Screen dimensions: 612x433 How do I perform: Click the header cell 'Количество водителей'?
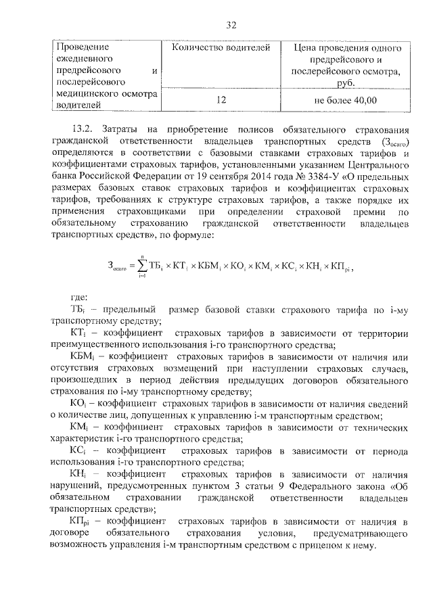tap(221, 48)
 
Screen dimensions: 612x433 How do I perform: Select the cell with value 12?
tap(221, 100)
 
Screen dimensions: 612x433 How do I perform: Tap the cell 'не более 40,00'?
tap(345, 100)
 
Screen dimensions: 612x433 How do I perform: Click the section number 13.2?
tap(81, 128)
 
